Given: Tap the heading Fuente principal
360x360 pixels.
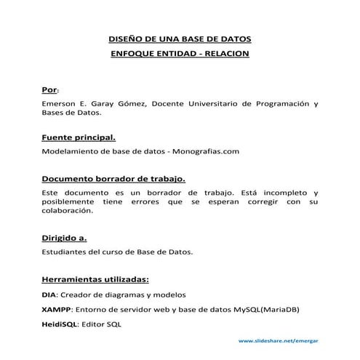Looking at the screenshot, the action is [79, 137].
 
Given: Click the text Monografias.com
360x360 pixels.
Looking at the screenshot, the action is [206, 151].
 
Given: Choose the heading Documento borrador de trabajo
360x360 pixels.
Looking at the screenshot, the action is [113, 178].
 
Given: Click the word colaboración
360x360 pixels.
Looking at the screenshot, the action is [68, 211].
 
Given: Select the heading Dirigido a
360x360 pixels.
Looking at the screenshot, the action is [64, 238].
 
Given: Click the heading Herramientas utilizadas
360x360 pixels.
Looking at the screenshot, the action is [95, 279].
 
